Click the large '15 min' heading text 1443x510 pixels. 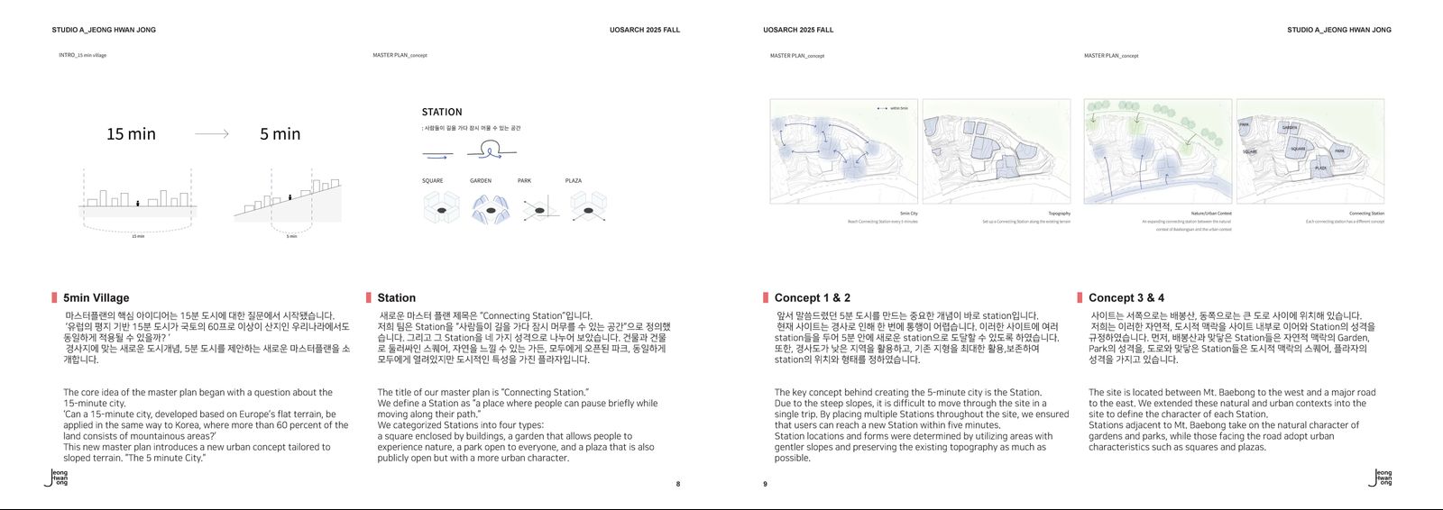(x=131, y=134)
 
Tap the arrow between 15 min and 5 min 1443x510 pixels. (x=212, y=134)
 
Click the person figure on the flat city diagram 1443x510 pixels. (x=137, y=204)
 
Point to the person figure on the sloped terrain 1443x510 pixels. (x=289, y=196)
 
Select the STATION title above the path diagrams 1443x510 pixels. (x=442, y=113)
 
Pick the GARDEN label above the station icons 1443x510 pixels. (x=481, y=181)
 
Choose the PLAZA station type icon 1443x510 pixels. (x=588, y=209)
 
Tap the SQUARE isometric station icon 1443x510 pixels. (x=441, y=209)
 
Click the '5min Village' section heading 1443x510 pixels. (x=96, y=298)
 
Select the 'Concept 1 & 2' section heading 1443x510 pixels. (x=812, y=298)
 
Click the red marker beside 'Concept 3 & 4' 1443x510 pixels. (x=1080, y=298)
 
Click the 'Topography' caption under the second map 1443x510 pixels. (x=1059, y=214)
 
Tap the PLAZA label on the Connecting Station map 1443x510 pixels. (x=1320, y=168)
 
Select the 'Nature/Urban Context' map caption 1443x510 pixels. (x=1210, y=214)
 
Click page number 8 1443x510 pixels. (x=678, y=484)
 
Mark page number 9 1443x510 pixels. (x=765, y=484)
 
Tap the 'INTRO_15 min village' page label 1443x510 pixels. (x=83, y=56)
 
